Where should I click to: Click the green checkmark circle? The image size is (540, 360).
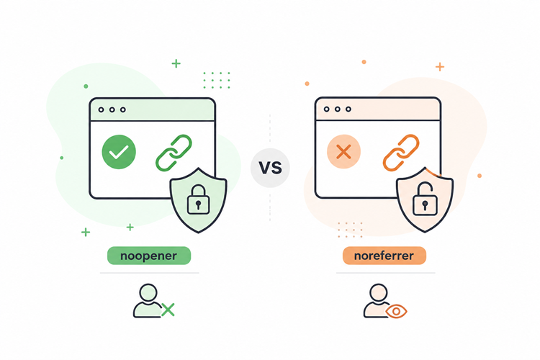pyautogui.click(x=119, y=152)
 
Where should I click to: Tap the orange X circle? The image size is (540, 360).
pyautogui.click(x=343, y=152)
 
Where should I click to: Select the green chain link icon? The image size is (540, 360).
pyautogui.click(x=174, y=153)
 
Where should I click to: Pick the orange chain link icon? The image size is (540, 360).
pyautogui.click(x=401, y=153)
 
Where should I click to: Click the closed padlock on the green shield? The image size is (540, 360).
pyautogui.click(x=198, y=200)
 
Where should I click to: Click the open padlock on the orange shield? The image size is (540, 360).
pyautogui.click(x=425, y=199)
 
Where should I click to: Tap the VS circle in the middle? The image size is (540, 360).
pyautogui.click(x=270, y=168)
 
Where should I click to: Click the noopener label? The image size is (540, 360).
pyautogui.click(x=149, y=256)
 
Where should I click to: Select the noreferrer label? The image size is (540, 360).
pyautogui.click(x=384, y=256)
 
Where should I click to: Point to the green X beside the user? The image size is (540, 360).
pyautogui.click(x=168, y=310)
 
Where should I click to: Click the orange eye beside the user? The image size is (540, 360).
pyautogui.click(x=396, y=312)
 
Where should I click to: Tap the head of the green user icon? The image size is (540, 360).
pyautogui.click(x=148, y=293)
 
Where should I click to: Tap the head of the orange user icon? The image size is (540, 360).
pyautogui.click(x=379, y=293)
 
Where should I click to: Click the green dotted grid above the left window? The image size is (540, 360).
pyautogui.click(x=217, y=80)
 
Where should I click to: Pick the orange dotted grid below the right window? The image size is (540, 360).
pyautogui.click(x=350, y=230)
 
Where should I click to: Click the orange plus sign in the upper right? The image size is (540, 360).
pyautogui.click(x=440, y=66)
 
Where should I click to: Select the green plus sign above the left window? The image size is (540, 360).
pyautogui.click(x=176, y=63)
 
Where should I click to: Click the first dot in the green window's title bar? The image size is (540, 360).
pyautogui.click(x=101, y=109)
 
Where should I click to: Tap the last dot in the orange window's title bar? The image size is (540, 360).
pyautogui.click(x=348, y=109)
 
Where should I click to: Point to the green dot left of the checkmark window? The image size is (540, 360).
pyautogui.click(x=62, y=158)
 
